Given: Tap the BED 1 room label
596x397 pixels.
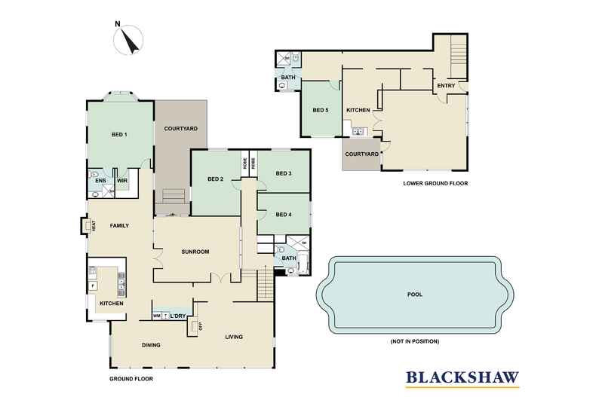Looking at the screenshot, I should pos(119,135).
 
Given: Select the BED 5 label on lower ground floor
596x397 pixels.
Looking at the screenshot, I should pos(321,111).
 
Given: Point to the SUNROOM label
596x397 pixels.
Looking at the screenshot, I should pos(195,252).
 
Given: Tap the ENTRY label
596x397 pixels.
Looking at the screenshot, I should pos(446,86).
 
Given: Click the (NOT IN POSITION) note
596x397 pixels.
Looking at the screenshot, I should pos(414,341).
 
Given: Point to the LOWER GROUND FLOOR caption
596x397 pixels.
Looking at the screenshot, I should pos(437,182).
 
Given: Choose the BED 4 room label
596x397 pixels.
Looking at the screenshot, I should pos(284,215).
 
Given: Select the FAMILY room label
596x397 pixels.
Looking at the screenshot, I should pos(120,225).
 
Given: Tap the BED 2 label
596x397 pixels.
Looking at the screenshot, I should pos(216,179).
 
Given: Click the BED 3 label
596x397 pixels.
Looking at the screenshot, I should pos(284,173).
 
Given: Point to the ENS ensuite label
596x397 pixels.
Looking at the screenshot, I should pos(100,181).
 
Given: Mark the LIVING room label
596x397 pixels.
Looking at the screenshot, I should pos(234,337).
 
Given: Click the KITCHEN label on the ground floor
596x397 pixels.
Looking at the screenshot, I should pos(112,303).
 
